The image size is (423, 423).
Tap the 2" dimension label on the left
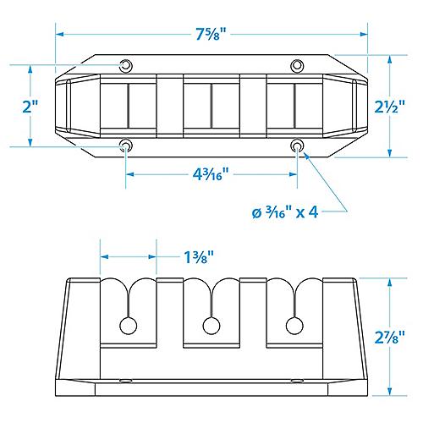pos(31,107)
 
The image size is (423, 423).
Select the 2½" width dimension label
pos(392,107)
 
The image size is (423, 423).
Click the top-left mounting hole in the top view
pos(126,66)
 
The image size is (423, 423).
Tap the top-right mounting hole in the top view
pos(297,66)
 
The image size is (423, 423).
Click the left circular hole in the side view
pos(129,326)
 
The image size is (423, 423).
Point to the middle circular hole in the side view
pos(211,326)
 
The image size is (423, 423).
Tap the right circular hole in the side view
pos(294,326)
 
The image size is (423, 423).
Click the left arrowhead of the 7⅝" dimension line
pos(59,35)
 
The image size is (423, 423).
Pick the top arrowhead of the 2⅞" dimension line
pos(392,282)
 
